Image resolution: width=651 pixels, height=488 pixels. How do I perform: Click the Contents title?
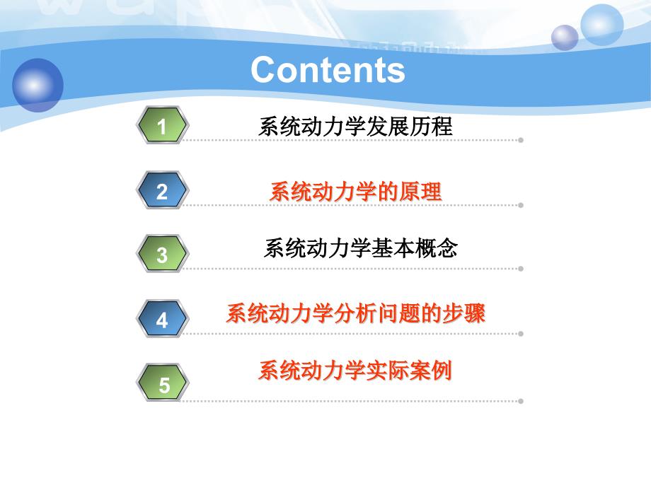(x=328, y=70)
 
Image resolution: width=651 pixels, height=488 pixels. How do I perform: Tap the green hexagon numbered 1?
(x=163, y=125)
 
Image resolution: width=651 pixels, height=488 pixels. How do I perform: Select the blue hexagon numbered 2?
(x=163, y=190)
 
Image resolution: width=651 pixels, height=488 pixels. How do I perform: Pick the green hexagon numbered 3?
(x=163, y=253)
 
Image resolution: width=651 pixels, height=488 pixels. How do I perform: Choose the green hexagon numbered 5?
(x=163, y=383)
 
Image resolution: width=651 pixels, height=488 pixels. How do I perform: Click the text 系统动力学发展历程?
(x=355, y=126)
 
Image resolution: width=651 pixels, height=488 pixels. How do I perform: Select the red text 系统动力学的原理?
(x=355, y=192)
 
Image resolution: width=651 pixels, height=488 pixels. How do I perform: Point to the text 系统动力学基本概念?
(x=361, y=248)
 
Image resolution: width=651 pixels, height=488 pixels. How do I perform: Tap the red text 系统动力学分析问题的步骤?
(x=356, y=313)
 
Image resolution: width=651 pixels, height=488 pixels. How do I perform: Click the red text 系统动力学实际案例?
(x=355, y=370)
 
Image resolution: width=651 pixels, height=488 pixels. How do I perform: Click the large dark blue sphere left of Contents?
(x=38, y=85)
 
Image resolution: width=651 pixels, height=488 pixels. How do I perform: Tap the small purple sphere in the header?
(x=565, y=37)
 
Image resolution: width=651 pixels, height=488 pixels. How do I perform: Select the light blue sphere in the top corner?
(x=601, y=25)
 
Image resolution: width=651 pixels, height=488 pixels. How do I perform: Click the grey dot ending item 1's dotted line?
(x=521, y=140)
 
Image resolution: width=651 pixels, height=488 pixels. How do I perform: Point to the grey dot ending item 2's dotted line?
(x=521, y=205)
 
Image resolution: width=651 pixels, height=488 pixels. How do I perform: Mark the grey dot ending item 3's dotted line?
(x=521, y=269)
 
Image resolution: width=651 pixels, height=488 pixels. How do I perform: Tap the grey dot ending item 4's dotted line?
(x=521, y=334)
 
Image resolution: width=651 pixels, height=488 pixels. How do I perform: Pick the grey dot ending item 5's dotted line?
(x=521, y=401)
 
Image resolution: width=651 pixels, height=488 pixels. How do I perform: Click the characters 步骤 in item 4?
(x=463, y=313)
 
